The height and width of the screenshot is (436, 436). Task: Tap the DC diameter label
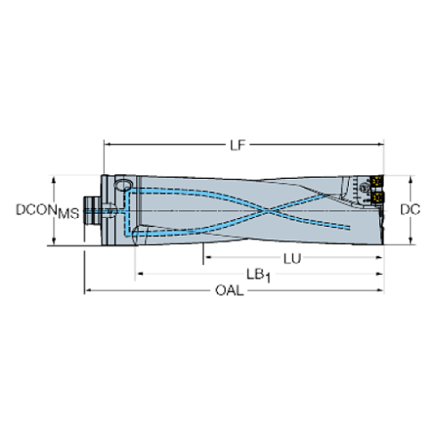coord(410,210)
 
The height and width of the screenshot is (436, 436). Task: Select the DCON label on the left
coord(34,210)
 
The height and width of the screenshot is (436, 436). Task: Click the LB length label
coord(258,273)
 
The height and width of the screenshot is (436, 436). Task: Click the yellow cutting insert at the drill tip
coord(377,181)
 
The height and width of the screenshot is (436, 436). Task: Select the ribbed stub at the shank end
coord(91,212)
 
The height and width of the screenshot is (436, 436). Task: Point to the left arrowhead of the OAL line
coord(87,290)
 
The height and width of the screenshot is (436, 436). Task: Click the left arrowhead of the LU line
coord(207,258)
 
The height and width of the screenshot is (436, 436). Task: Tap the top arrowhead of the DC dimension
coord(410,178)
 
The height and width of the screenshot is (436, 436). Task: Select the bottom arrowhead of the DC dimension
coord(410,240)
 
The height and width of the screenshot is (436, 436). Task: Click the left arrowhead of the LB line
coord(138,273)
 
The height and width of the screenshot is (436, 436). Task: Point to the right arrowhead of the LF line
coord(380,144)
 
